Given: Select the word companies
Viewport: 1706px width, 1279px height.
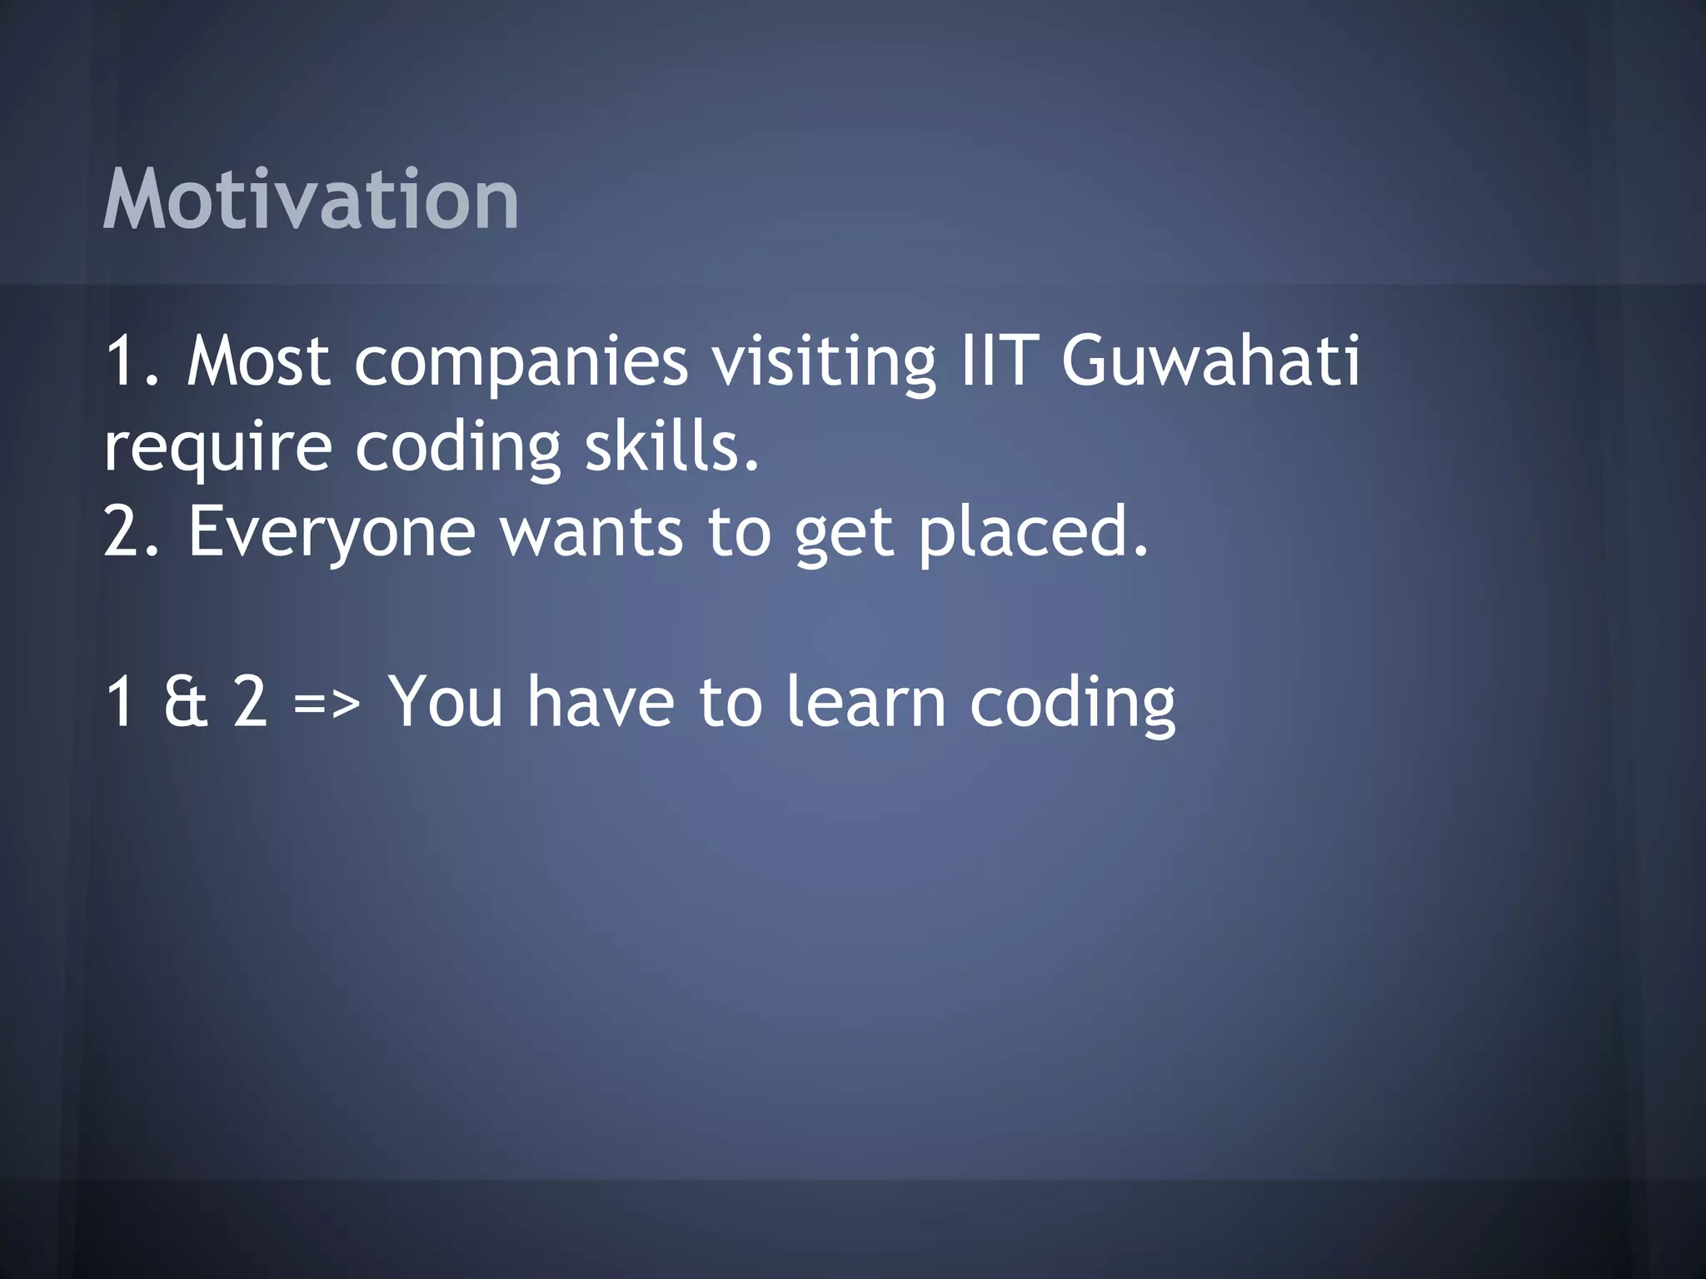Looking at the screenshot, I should point(521,363).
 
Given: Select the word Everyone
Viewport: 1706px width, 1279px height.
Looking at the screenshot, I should point(332,533).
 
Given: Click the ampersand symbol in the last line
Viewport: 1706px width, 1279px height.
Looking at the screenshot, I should point(185,701).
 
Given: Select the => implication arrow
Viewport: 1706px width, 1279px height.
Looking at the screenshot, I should point(327,704).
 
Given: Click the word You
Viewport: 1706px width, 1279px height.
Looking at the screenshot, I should point(446,701).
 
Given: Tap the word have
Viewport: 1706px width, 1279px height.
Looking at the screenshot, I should point(601,701).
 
